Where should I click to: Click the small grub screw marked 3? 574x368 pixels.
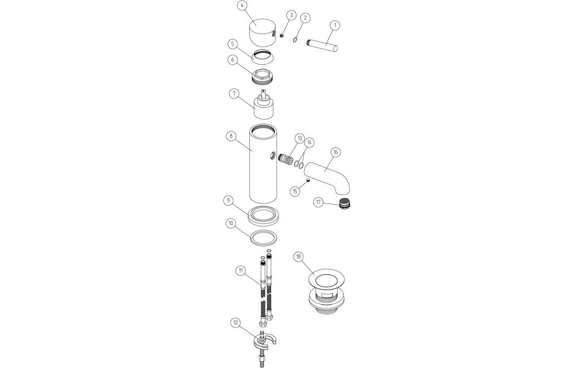pyautogui.click(x=281, y=36)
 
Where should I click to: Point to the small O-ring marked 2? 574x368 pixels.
pyautogui.click(x=296, y=39)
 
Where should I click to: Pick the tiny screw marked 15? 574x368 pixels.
pyautogui.click(x=308, y=181)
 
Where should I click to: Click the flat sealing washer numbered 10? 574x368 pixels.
pyautogui.click(x=263, y=238)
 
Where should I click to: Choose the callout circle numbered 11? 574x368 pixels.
pyautogui.click(x=240, y=270)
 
